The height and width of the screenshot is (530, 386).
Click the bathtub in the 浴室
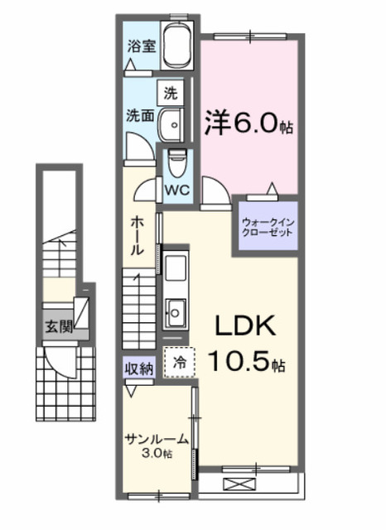[x=177, y=46]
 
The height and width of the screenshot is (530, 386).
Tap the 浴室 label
[x=142, y=46]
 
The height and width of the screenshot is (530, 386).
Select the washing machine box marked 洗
[x=171, y=93]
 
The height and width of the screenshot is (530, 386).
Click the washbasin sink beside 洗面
[x=171, y=125]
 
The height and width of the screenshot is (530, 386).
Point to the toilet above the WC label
[x=177, y=163]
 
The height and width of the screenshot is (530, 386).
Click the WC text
[x=177, y=190]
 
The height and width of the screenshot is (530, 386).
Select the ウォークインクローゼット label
[x=268, y=228]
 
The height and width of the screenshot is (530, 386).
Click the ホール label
[x=138, y=235]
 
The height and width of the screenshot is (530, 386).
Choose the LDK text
[x=245, y=325]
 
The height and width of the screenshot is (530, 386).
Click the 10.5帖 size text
[x=247, y=360]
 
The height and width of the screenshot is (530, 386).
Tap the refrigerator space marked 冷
[x=179, y=363]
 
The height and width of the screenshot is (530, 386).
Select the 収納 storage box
[x=139, y=368]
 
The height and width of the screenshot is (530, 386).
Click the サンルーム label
[x=157, y=439]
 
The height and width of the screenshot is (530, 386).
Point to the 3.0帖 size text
[x=157, y=453]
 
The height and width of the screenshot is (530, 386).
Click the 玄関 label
[x=59, y=326]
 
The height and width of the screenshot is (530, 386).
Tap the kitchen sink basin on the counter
[x=176, y=313]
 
